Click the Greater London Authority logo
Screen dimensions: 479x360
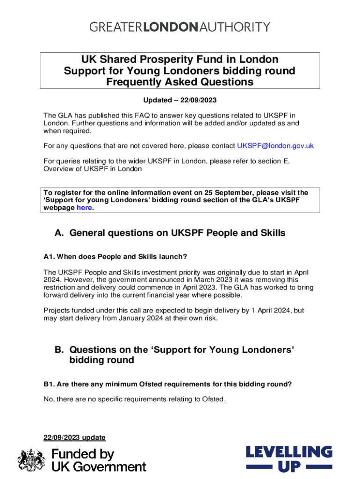(x=180, y=27)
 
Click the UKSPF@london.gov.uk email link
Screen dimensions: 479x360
(x=275, y=145)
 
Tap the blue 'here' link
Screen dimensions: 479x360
(x=84, y=208)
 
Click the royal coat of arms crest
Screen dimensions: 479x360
(x=31, y=460)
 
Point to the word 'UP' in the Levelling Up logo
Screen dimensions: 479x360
(x=289, y=466)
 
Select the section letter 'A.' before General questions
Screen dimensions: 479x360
(x=59, y=233)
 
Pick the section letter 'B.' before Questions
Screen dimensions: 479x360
(x=59, y=349)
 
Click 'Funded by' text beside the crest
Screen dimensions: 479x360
(x=82, y=454)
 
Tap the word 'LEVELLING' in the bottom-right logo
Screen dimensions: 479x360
(x=289, y=452)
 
